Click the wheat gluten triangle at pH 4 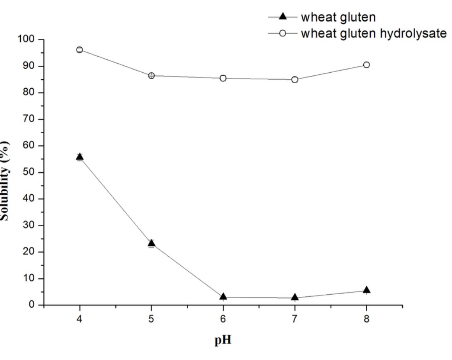pos(80,157)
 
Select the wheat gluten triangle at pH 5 pos(151,243)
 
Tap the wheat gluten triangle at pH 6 pos(223,296)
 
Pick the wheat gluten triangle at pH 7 pos(295,297)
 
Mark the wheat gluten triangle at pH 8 pos(366,290)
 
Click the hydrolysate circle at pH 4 pos(80,50)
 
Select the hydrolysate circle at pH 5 pos(151,76)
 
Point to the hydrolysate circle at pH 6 pos(223,78)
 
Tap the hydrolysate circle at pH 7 pos(295,80)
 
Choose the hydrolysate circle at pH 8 pos(366,65)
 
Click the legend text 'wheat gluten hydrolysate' pos(373,33)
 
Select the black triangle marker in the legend pos(282,17)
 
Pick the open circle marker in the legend pos(282,33)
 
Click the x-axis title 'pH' pos(223,340)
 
